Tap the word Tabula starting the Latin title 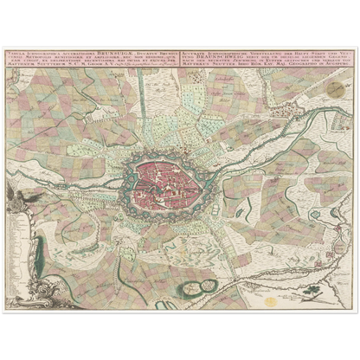(16, 52)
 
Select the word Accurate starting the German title (193, 51)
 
